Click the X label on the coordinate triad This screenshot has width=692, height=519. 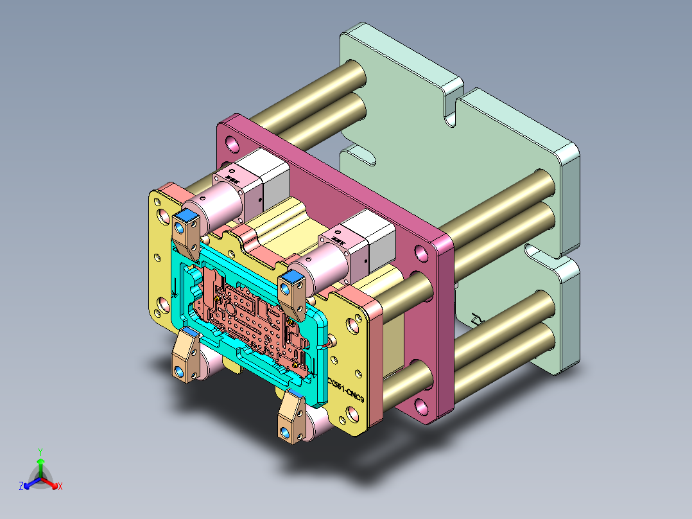coord(60,486)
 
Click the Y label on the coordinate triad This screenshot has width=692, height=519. coord(40,452)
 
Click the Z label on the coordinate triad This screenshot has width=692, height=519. coord(21,486)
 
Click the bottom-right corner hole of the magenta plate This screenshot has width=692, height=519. coord(421,405)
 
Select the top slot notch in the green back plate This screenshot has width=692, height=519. coord(454,105)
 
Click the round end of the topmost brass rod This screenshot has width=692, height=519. coord(357,74)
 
